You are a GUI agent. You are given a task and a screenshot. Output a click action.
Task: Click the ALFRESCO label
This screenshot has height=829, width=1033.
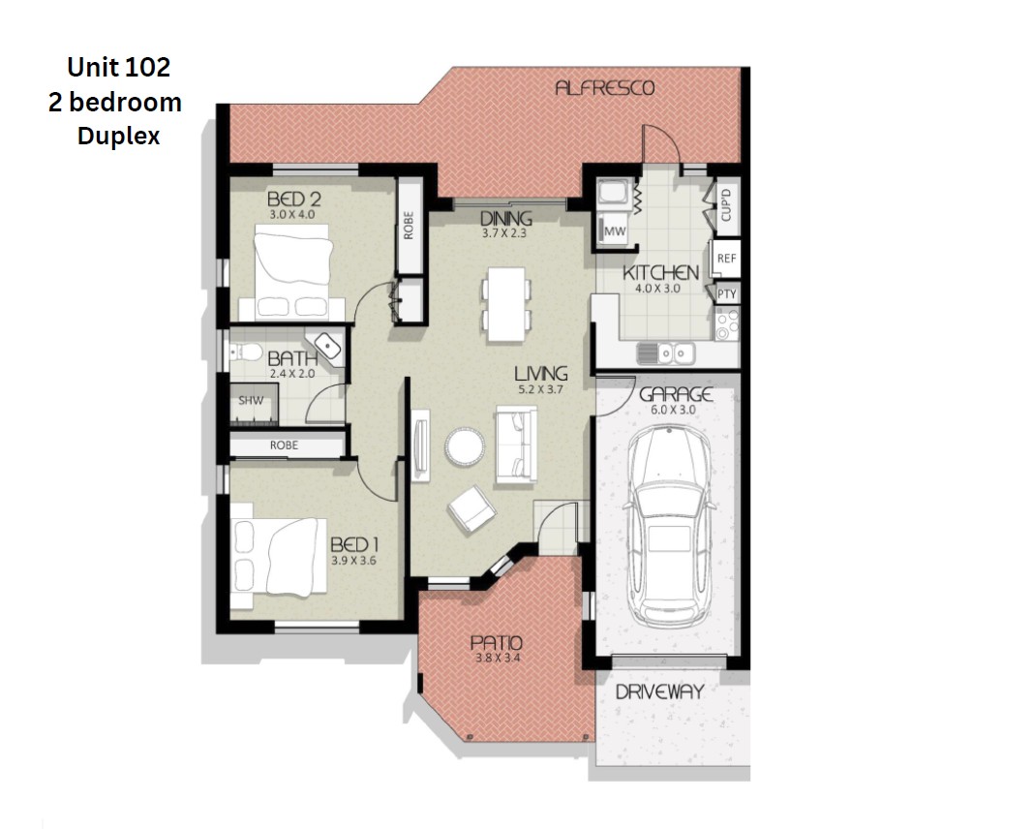(605, 87)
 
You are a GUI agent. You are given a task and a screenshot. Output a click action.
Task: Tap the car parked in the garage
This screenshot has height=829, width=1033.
(670, 527)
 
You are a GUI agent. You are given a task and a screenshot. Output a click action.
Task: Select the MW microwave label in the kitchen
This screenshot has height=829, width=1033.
(615, 231)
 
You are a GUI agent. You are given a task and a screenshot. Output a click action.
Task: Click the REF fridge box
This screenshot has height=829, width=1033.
(726, 259)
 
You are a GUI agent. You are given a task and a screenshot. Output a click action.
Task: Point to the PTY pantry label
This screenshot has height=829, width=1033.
(727, 293)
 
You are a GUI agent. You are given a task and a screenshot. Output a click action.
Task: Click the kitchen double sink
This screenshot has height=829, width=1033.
(666, 353)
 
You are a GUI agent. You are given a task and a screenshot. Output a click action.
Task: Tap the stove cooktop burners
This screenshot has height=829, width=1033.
(727, 324)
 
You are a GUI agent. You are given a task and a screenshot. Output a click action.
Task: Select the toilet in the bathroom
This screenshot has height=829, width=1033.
(245, 352)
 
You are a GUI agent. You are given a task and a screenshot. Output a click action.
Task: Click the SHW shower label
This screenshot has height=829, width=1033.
(251, 400)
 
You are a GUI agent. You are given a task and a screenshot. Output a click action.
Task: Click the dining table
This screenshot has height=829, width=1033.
(506, 304)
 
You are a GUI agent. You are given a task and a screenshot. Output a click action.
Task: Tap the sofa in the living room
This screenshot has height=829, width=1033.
(516, 445)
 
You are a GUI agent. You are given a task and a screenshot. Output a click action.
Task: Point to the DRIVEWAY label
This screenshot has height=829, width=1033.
(659, 691)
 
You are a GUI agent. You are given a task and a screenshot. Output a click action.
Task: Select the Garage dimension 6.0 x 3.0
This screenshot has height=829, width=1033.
(673, 410)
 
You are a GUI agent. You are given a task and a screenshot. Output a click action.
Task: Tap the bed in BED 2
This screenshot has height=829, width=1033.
(292, 271)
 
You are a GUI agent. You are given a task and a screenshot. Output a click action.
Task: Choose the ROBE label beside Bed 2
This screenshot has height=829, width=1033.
(409, 226)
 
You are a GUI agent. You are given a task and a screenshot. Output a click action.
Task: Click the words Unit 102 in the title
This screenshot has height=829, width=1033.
(118, 67)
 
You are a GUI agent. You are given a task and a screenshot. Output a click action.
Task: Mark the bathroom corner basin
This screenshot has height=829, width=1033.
(327, 345)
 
